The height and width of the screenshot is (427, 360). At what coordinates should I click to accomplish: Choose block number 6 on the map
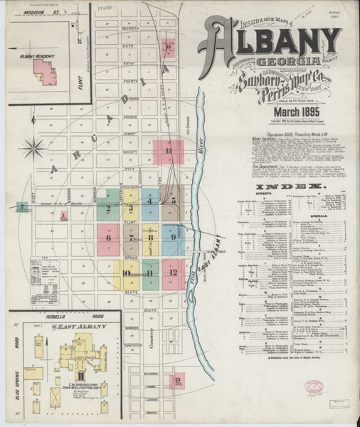point(109,237)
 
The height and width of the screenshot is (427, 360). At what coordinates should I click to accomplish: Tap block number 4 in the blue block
point(149,201)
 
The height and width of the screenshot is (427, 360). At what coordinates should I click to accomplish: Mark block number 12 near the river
point(172,271)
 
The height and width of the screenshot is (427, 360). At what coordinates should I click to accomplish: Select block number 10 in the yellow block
point(126,272)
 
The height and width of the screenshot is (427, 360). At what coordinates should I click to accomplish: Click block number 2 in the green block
point(107,209)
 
